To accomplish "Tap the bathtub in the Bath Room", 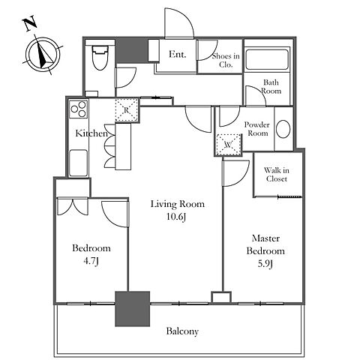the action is (267, 59).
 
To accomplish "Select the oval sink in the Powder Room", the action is (283, 129).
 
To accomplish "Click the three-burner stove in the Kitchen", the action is (79, 109).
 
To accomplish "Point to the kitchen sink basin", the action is (78, 163).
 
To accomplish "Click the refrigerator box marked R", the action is (127, 110).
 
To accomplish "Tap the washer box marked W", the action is (229, 145).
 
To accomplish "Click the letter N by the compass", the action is (30, 24).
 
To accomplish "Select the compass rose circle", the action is (43, 54).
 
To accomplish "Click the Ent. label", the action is (177, 54).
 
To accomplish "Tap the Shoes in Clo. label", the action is (226, 60).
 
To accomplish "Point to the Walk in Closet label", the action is (277, 175).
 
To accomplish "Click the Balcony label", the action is (182, 331).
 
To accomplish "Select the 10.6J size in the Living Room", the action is (176, 217).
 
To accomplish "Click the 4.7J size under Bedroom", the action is (91, 261).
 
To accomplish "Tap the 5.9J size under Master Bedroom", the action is (265, 264).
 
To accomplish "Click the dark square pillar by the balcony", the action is (132, 309).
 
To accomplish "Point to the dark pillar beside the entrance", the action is (132, 50).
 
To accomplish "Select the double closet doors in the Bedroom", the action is (73, 207).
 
